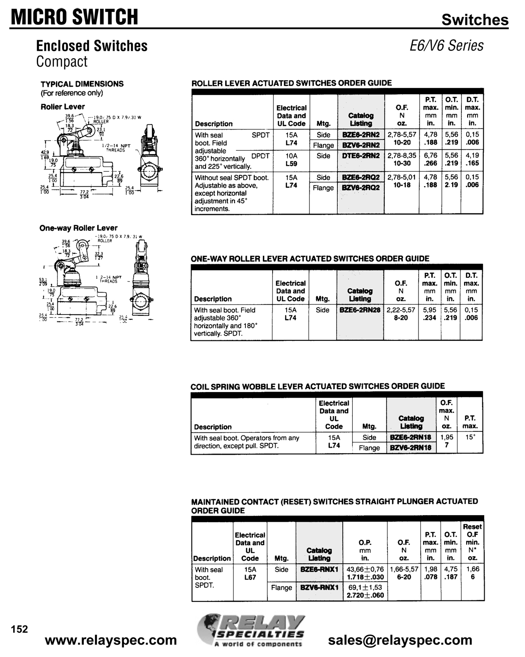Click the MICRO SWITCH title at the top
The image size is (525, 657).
74,17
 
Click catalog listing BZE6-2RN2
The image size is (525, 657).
361,135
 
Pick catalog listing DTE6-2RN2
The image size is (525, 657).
361,155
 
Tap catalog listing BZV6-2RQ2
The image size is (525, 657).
361,187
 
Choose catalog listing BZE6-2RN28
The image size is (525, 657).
360,310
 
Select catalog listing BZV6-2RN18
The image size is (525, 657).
411,448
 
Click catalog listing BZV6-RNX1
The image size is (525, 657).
319,587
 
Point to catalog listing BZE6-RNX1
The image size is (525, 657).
319,569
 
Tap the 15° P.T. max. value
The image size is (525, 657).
470,437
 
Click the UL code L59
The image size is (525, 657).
291,163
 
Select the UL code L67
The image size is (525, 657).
250,577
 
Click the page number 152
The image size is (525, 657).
19,629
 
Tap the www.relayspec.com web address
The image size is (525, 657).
111,640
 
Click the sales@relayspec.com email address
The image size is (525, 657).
400,640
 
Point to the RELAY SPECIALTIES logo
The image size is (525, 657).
252,629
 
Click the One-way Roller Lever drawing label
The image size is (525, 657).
78,228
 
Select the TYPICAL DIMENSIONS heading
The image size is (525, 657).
82,84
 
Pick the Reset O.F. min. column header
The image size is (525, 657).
472,542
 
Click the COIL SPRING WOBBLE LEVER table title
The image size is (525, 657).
318,386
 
